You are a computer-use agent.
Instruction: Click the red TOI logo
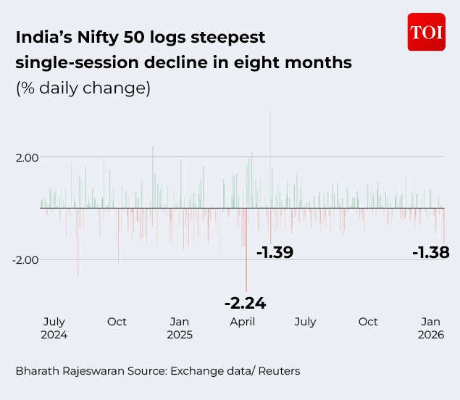click(x=426, y=33)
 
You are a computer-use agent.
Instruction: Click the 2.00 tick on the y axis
click(x=28, y=157)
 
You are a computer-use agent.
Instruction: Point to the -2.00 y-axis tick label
click(x=25, y=259)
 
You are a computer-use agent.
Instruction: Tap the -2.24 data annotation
click(x=245, y=303)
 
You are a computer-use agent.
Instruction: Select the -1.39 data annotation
click(x=275, y=252)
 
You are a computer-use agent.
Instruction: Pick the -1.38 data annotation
click(x=430, y=252)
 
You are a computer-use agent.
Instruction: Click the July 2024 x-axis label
click(x=54, y=328)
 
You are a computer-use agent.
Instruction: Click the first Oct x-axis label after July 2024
click(x=117, y=322)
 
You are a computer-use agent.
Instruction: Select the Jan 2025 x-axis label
click(x=180, y=328)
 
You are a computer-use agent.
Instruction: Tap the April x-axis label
click(x=242, y=322)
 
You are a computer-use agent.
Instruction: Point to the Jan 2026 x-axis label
click(x=431, y=328)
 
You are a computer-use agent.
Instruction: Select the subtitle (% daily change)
click(x=83, y=88)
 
